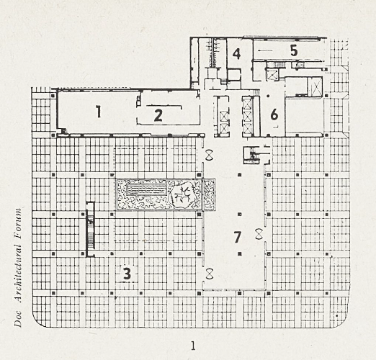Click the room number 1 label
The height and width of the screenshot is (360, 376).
98,112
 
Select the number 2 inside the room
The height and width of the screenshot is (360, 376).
158,115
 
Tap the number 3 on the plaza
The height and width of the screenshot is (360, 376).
127,274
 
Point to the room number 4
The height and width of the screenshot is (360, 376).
237,54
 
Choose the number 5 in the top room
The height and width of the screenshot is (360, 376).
294,50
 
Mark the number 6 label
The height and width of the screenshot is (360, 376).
274,114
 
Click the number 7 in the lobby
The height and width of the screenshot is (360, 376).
237,237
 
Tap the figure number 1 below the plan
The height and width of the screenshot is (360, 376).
193,346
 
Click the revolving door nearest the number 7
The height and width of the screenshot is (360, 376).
259,234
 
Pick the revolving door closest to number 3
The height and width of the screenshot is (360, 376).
210,274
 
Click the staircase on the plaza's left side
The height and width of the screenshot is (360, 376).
90,229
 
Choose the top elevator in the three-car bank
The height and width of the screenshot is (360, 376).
248,103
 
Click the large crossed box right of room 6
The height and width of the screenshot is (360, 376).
315,86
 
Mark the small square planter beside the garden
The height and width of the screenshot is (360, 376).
209,194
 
